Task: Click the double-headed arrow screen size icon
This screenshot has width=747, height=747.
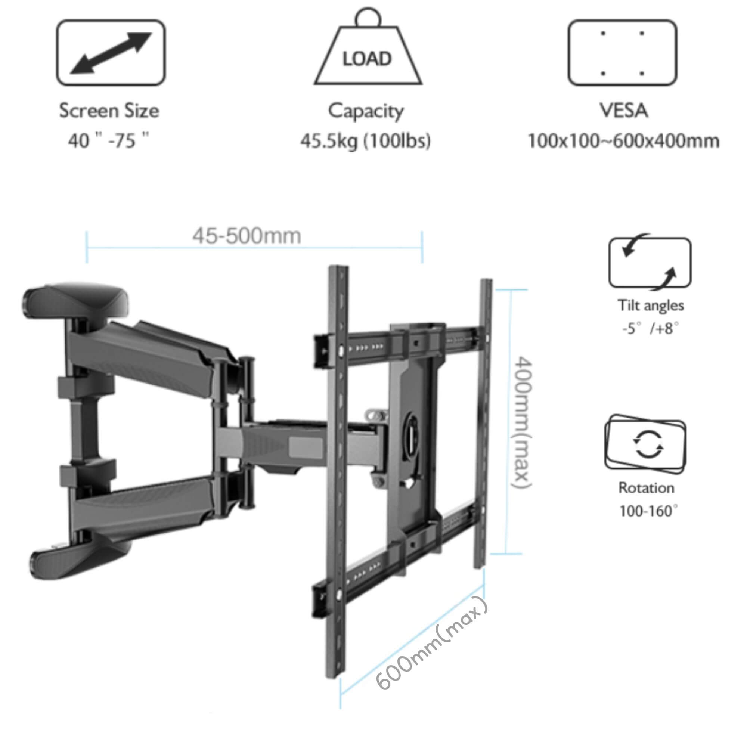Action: tap(111, 53)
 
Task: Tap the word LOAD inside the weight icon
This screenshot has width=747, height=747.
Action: tap(367, 59)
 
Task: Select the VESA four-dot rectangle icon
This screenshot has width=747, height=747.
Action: tap(622, 53)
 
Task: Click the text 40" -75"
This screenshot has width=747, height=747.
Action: tap(109, 141)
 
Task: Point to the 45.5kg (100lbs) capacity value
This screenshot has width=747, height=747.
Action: tap(365, 141)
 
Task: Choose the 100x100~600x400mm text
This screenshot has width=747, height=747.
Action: tap(623, 141)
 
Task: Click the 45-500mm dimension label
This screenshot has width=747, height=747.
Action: tap(247, 236)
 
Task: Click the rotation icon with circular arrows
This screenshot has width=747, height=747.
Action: tap(645, 444)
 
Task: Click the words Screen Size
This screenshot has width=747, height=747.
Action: tap(109, 111)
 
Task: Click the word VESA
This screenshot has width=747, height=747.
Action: tap(624, 111)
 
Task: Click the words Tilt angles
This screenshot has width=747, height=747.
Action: tap(650, 306)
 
